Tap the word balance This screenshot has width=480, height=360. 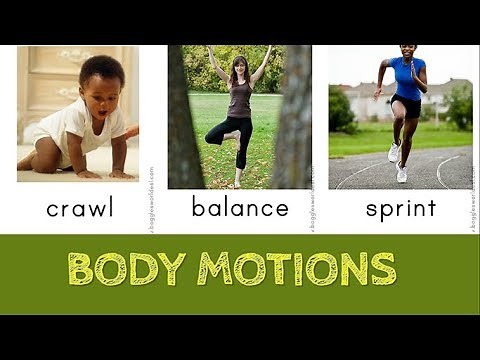[x=240, y=209]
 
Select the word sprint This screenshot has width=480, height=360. [x=401, y=209]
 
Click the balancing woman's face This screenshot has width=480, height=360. [x=239, y=68]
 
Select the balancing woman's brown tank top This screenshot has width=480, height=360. [x=239, y=100]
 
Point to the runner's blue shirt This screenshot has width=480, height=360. [x=405, y=77]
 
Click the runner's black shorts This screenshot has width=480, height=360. [x=406, y=104]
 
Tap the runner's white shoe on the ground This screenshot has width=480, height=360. [x=401, y=173]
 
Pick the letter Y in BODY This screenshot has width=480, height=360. [x=171, y=268]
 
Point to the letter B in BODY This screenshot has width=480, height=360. [x=82, y=268]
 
